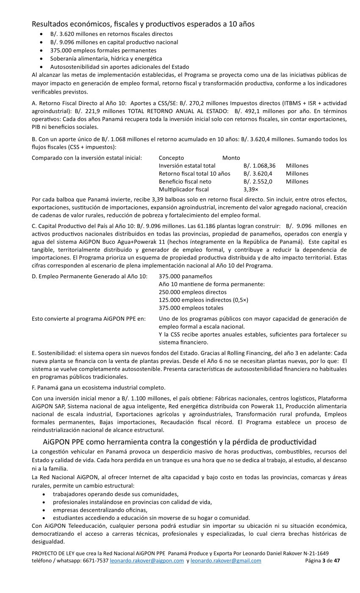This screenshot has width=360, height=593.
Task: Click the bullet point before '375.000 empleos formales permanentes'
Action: tap(41, 50)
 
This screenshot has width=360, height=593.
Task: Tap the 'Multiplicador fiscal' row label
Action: tap(183, 189)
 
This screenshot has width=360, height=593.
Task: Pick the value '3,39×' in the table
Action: tap(251, 189)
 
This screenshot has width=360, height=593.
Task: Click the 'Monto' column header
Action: tap(231, 158)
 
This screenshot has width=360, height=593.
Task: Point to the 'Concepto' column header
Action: tap(171, 158)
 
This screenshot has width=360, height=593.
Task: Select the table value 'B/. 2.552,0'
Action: tap(258, 181)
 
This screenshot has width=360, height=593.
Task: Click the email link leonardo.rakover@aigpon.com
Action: tap(147, 560)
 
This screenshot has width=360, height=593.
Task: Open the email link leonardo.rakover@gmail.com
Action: tap(226, 560)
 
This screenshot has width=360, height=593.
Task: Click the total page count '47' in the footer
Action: tap(337, 560)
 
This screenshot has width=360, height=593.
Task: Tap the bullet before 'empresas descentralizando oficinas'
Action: tap(44, 510)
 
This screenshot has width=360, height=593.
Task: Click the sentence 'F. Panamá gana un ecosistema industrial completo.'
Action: tap(98, 388)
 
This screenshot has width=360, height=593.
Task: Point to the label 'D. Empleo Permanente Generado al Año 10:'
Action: tap(89, 276)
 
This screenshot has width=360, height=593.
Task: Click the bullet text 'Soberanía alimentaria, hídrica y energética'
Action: tap(106, 58)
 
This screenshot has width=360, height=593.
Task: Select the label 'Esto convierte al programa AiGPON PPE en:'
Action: tap(89, 319)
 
